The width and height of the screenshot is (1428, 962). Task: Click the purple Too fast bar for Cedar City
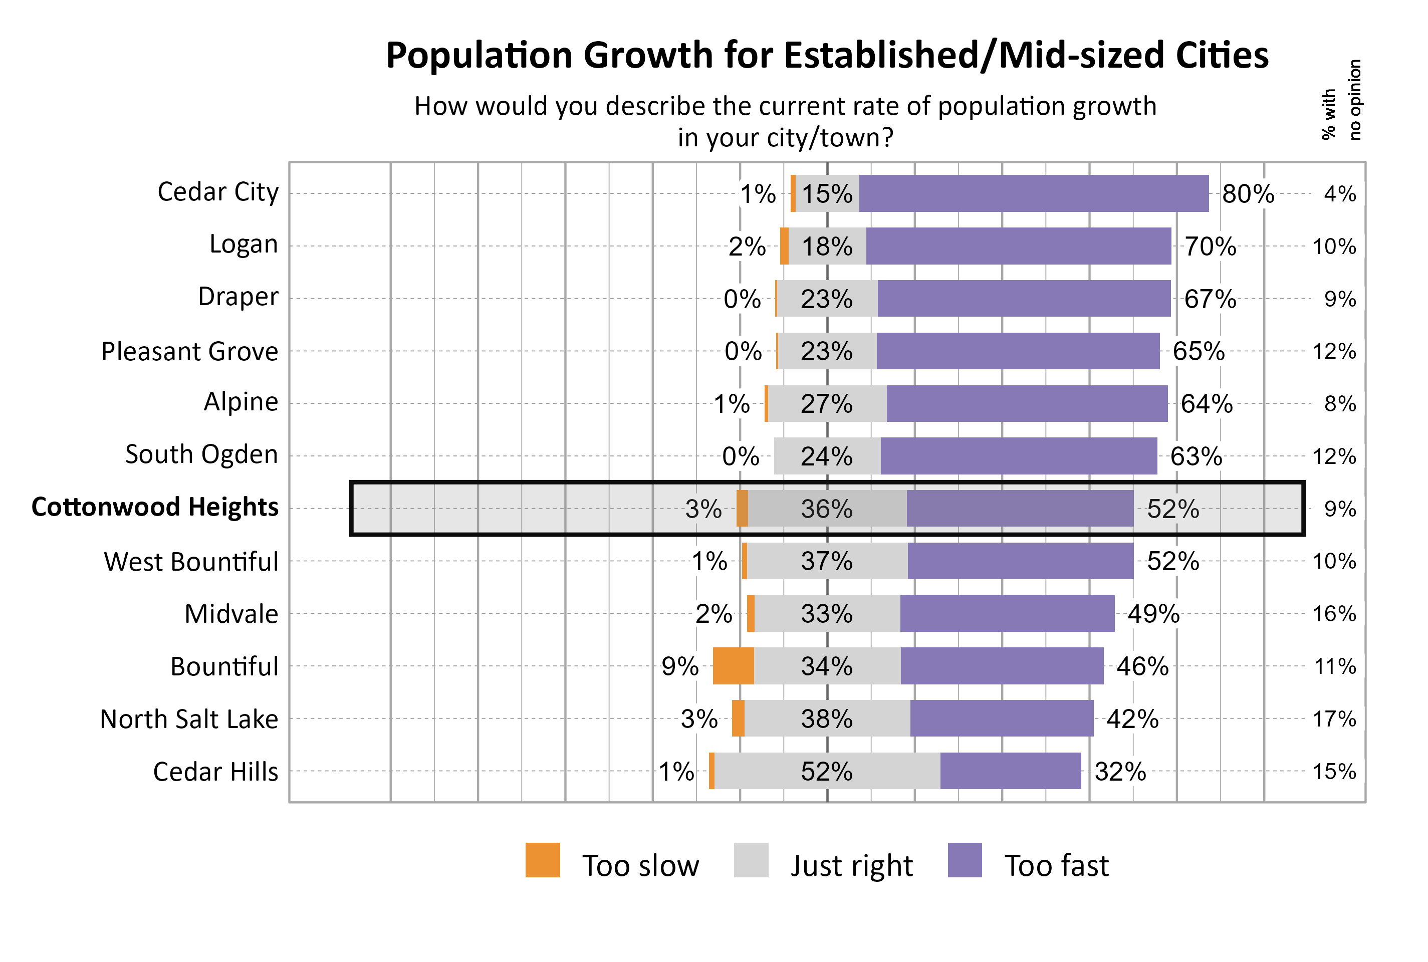(1033, 193)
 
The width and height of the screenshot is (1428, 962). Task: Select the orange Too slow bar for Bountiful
(733, 666)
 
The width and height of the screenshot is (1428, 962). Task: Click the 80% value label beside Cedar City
(1248, 194)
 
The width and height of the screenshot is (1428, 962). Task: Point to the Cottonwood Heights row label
(155, 508)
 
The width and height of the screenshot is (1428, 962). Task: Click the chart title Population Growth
(826, 55)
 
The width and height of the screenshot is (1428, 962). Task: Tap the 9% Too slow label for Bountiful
(679, 666)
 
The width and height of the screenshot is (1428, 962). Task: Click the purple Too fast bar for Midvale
(1007, 613)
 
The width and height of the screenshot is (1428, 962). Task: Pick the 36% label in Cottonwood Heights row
(826, 509)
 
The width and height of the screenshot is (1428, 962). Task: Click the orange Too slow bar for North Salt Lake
(738, 718)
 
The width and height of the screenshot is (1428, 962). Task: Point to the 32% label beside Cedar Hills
(1119, 771)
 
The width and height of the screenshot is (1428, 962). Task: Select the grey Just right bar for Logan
(827, 246)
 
